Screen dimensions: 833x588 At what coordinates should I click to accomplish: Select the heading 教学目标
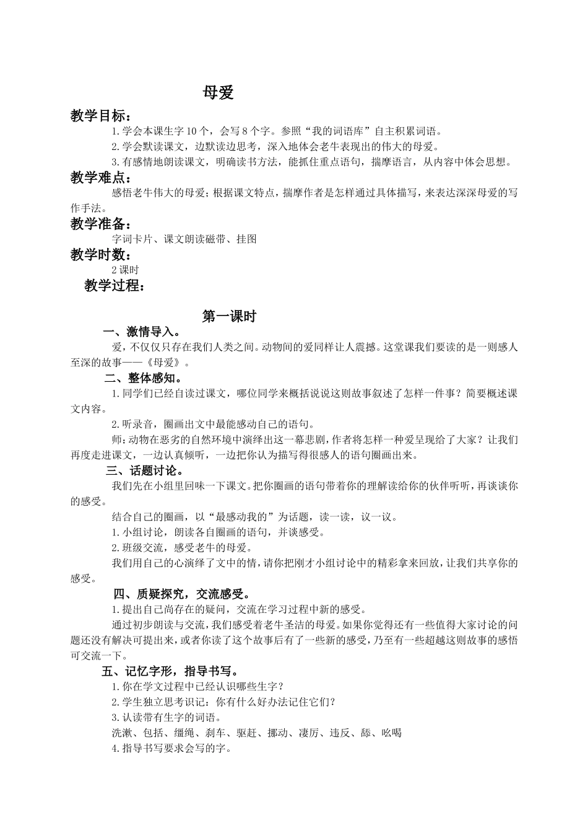pyautogui.click(x=100, y=116)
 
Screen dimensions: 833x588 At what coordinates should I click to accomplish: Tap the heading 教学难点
pyautogui.click(x=100, y=178)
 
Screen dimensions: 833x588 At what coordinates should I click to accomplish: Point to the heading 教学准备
pyautogui.click(x=100, y=224)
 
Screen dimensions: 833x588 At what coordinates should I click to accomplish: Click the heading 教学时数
pyautogui.click(x=100, y=255)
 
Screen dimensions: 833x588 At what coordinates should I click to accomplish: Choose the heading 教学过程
pyautogui.click(x=115, y=286)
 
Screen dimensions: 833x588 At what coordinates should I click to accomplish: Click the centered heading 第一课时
pyautogui.click(x=229, y=317)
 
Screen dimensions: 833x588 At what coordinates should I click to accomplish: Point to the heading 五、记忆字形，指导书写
pyautogui.click(x=170, y=671)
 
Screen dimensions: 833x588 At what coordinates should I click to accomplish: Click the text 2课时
pyautogui.click(x=125, y=270)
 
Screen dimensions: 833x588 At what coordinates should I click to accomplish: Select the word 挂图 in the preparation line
pyautogui.click(x=246, y=239)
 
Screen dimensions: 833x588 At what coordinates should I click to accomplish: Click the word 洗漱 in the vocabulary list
pyautogui.click(x=121, y=733)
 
